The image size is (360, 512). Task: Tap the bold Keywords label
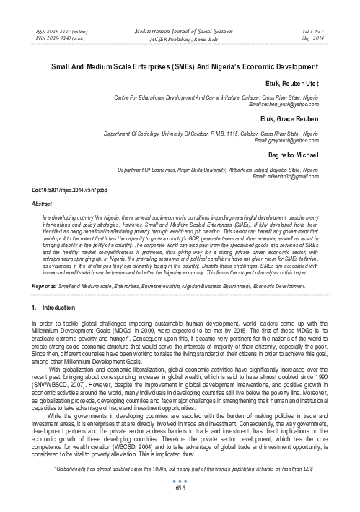coord(40,286)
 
